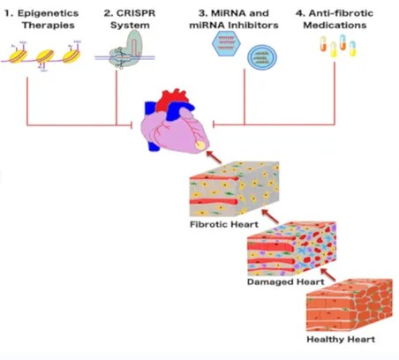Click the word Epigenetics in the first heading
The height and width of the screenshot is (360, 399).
pos(48,13)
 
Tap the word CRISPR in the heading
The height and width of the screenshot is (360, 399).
pos(136,13)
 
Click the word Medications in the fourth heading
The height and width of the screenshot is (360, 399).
pos(335,26)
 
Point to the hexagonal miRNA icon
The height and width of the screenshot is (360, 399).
pos(226,43)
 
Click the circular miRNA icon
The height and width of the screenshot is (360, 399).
pos(262,56)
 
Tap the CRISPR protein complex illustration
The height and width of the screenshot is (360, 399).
pos(125,49)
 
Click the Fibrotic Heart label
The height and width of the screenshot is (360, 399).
pos(224,224)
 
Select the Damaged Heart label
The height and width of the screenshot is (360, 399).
pos(286,281)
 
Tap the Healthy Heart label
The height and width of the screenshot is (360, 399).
pos(341,339)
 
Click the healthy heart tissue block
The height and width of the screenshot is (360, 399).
pos(350,304)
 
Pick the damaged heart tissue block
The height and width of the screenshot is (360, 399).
pos(291,249)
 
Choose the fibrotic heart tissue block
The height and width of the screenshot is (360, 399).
pos(234,189)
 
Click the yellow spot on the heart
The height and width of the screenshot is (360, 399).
pos(200,145)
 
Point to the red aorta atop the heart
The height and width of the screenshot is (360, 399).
pos(171,100)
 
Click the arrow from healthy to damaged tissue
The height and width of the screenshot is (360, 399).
pos(328,274)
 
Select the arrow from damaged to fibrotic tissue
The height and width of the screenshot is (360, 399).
pos(270,216)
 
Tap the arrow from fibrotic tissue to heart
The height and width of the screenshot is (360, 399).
pos(214,157)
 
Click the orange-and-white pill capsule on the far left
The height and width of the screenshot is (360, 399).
pos(323,44)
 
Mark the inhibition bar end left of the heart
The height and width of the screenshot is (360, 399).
pos(132,125)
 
